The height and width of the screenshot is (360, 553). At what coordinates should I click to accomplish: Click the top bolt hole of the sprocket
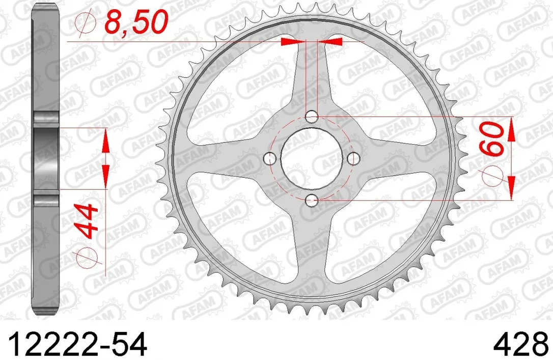pyautogui.click(x=312, y=117)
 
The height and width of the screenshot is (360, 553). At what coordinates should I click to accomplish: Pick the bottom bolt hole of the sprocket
pyautogui.click(x=312, y=201)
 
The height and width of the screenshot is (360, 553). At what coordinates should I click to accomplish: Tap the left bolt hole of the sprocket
pyautogui.click(x=270, y=159)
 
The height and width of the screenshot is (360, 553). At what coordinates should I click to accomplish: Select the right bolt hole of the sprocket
pyautogui.click(x=353, y=159)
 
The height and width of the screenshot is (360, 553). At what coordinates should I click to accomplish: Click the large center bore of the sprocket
pyautogui.click(x=312, y=159)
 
